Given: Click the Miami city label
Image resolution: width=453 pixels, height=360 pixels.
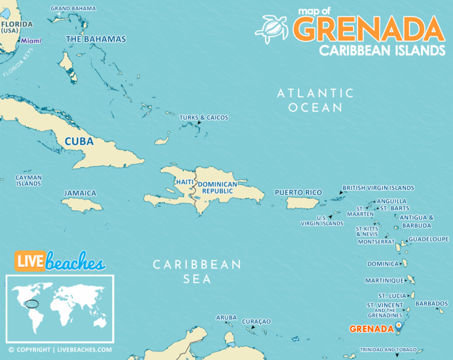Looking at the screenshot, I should coord(31,41).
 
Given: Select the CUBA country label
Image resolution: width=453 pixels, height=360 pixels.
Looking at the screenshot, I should coord(79,142).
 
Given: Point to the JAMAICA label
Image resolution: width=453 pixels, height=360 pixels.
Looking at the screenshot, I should coord(80,193).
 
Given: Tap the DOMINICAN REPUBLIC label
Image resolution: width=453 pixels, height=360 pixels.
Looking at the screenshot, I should coord(217,188).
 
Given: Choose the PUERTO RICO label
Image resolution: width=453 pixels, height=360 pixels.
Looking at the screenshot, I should coord(298,192).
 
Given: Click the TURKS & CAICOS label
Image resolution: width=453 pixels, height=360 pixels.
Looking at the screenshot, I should coord(203,117).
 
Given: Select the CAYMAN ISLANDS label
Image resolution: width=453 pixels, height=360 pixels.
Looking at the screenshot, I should coord(28,180).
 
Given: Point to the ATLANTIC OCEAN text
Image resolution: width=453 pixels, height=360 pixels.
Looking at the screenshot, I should coord(316,100).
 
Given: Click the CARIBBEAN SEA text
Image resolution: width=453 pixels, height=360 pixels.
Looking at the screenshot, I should coord(197,271).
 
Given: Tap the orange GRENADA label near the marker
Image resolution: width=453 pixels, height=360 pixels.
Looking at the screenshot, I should coord(371,329).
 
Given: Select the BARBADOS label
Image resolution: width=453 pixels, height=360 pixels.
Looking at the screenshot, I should coord(431,303).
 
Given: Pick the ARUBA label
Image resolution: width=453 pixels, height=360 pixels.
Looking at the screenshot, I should coord(226,318).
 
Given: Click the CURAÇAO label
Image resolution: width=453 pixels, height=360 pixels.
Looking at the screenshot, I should coord(256,321).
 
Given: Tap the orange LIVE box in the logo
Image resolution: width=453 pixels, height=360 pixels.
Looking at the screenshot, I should coord(29,260).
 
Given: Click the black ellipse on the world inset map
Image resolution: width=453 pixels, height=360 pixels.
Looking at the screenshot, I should coord(33,305).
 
